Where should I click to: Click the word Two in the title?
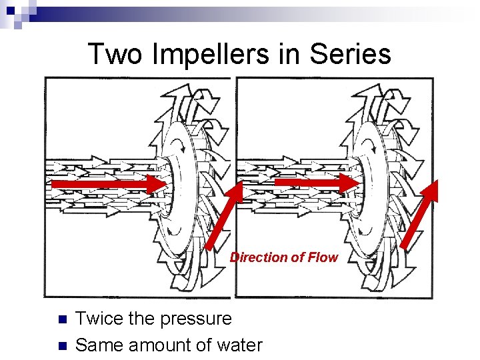tap(115, 54)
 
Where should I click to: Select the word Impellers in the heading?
tap(216, 54)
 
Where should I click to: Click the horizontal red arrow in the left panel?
tap(110, 183)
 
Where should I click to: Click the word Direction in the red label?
tap(259, 257)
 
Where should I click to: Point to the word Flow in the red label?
tap(323, 257)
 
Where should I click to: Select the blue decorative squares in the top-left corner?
tap(15, 12)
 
